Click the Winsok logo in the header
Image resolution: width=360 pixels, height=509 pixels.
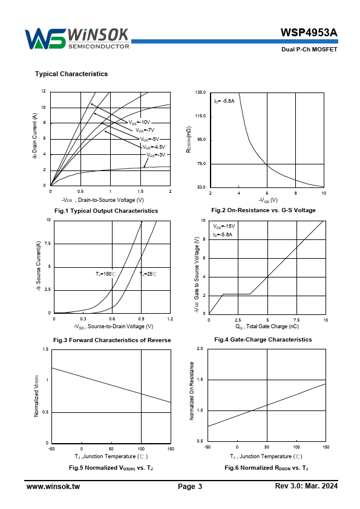pos(77,39)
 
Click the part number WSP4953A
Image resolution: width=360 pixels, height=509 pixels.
pos(309,33)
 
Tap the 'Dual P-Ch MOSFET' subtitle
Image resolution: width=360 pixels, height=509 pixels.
pos(309,50)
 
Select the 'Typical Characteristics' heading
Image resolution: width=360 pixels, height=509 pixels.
pos(71,74)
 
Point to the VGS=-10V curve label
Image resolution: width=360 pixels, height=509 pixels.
pos(139,122)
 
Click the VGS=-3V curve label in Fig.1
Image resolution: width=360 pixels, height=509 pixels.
pos(156,155)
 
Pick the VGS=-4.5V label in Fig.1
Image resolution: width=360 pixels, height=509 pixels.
pos(154,147)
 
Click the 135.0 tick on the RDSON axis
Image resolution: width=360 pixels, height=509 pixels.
pos(200,92)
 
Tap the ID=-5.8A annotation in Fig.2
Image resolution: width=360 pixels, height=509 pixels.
pos(224,101)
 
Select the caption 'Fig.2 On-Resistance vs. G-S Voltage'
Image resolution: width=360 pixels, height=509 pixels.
pos(264,210)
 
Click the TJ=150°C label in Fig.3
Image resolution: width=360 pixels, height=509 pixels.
pos(106,274)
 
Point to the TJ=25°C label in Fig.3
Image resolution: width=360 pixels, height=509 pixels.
pos(148,274)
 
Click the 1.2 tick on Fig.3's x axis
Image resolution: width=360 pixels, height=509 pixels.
pos(170,319)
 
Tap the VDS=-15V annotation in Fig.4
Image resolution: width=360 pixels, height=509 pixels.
pos(224,226)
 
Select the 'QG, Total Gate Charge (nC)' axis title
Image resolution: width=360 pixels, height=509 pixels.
pos(267,326)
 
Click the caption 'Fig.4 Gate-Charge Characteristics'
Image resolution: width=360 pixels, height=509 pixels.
pos(263,340)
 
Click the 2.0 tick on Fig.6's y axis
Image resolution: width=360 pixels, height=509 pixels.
pos(200,349)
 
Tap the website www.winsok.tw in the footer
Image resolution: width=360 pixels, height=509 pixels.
pos(53,486)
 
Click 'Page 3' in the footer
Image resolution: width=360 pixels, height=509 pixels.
pos(190,487)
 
